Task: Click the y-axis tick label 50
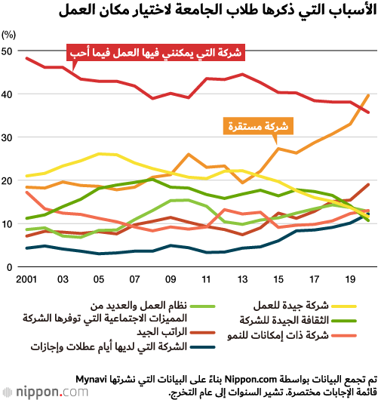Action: coord(7,51)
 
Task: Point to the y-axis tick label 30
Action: coord(7,138)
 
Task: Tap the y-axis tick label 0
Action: coord(10,267)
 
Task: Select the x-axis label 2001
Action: coord(26,279)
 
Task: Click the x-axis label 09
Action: coord(171,279)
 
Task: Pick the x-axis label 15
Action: coord(278,279)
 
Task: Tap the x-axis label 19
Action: coord(350,279)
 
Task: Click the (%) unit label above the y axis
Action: coord(8,35)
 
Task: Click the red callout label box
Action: coord(155,53)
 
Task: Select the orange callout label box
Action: coord(258,126)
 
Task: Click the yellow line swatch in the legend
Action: coord(344,306)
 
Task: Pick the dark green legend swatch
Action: coord(344,321)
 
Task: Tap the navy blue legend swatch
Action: coord(203,347)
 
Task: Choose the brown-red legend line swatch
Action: coord(203,333)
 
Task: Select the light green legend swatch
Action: coord(203,306)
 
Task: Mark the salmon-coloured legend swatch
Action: coord(344,336)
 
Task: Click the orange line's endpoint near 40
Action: coord(368,95)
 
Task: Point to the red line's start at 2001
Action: coord(26,58)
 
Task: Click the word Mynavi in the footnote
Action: coord(91,380)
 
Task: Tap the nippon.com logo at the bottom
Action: coord(45,392)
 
